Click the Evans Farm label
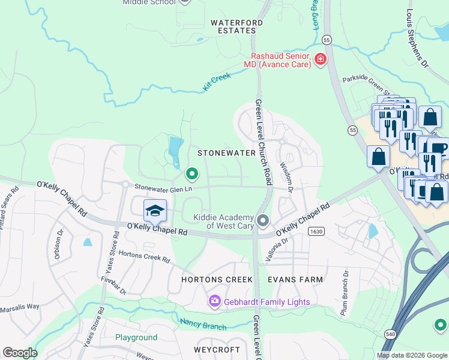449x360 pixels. point(295,280)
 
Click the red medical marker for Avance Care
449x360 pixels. point(321,59)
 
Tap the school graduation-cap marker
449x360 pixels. point(155,211)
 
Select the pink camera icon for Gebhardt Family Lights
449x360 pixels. point(214,301)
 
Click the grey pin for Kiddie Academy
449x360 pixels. point(262,221)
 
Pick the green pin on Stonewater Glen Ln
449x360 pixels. point(192,174)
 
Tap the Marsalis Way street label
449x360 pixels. point(20,306)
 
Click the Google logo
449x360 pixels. point(19,353)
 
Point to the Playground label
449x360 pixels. point(136,337)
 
